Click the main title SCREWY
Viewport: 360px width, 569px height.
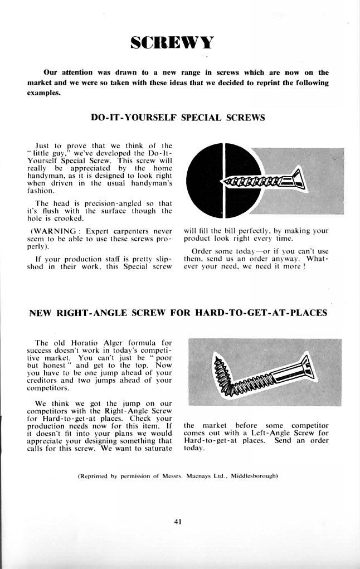click(172, 43)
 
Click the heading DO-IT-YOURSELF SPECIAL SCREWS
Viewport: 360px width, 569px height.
click(177, 118)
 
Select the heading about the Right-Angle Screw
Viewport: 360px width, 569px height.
click(177, 313)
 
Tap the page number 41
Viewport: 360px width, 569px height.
click(178, 522)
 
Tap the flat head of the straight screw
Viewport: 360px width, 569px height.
click(297, 179)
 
